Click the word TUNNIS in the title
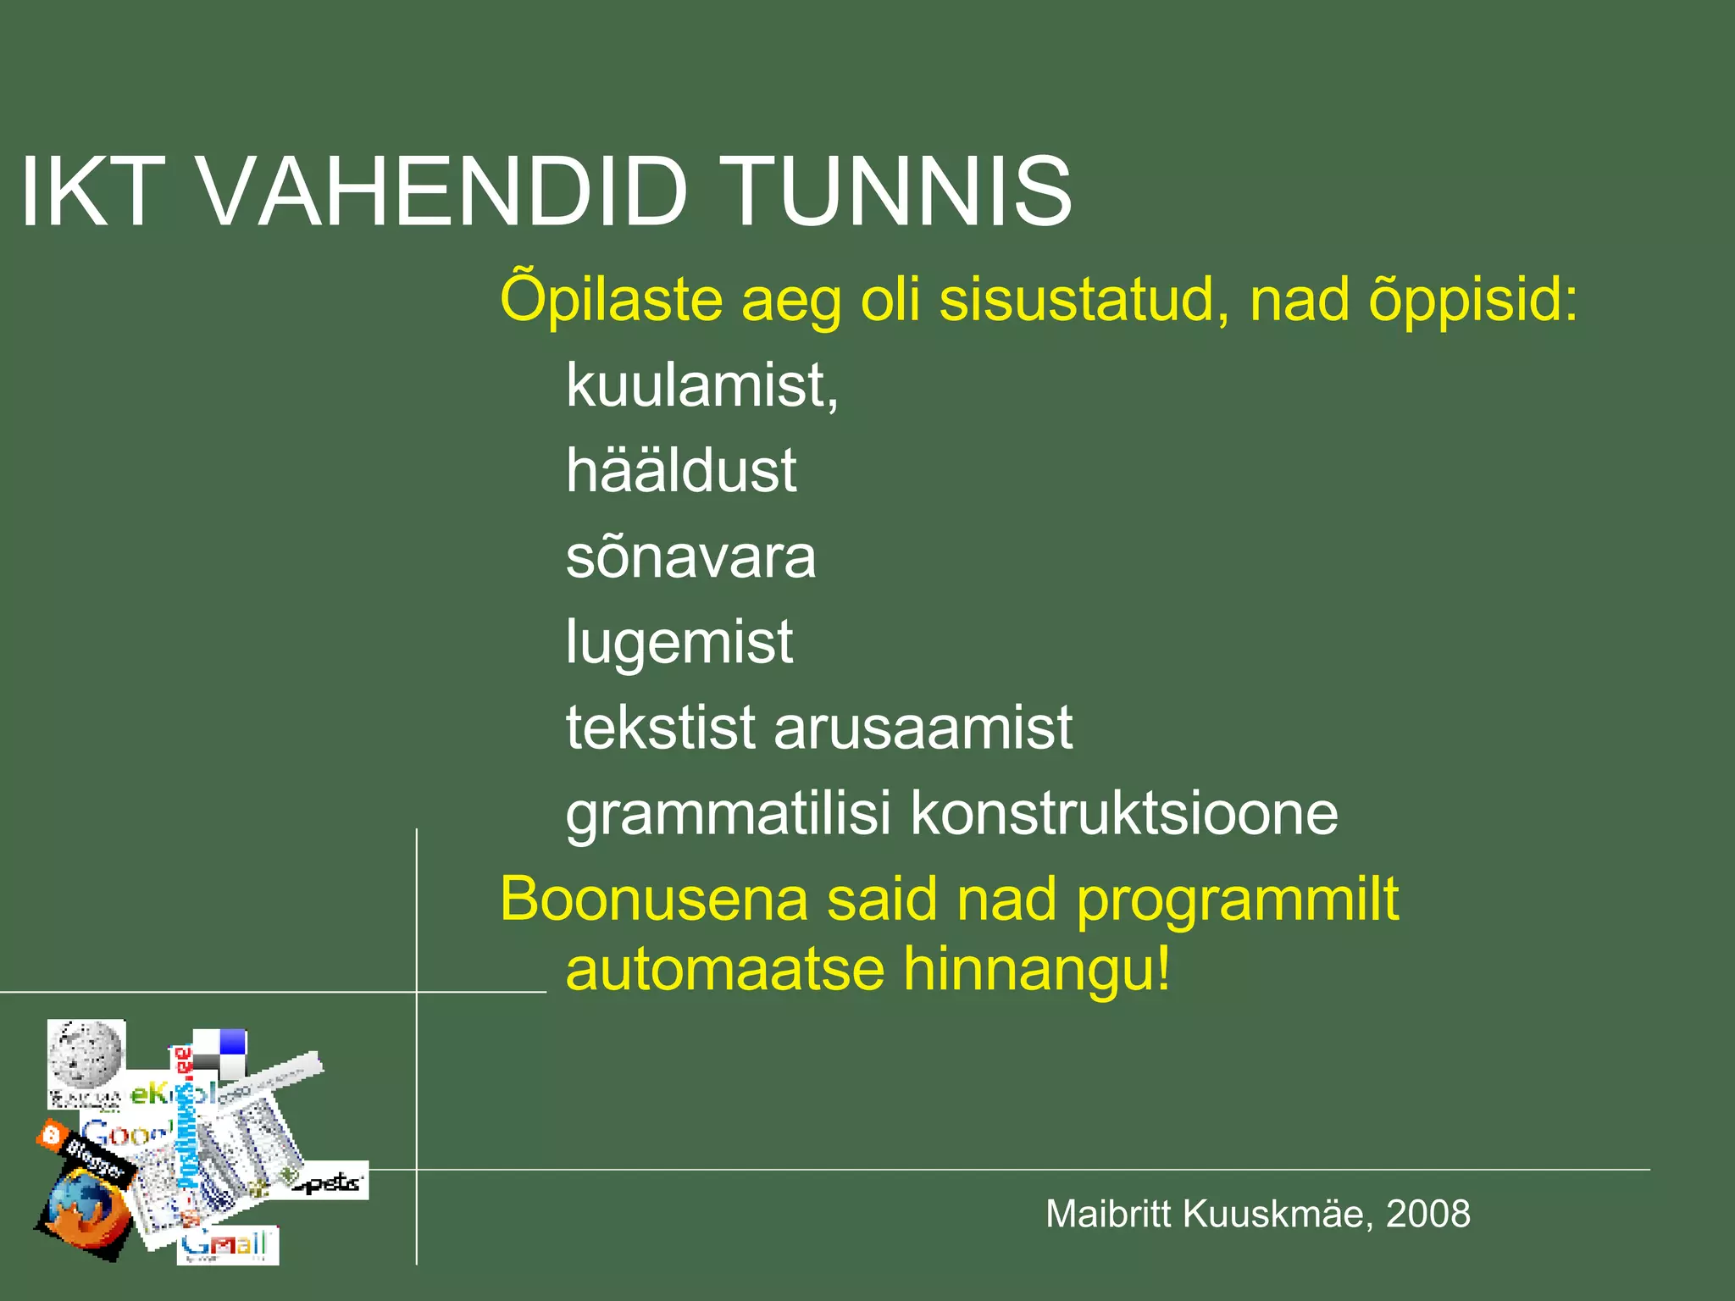point(900,192)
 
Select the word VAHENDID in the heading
point(441,192)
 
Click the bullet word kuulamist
point(701,385)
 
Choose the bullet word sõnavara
point(690,557)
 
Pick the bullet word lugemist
point(679,642)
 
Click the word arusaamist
point(923,728)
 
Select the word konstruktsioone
point(1124,814)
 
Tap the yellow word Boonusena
point(654,899)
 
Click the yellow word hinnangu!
point(1037,969)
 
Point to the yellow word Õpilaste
point(611,299)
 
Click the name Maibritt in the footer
point(1109,1214)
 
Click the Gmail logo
point(226,1245)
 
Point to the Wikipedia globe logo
point(86,1055)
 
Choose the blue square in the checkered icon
point(232,1042)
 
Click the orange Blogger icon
point(53,1134)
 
